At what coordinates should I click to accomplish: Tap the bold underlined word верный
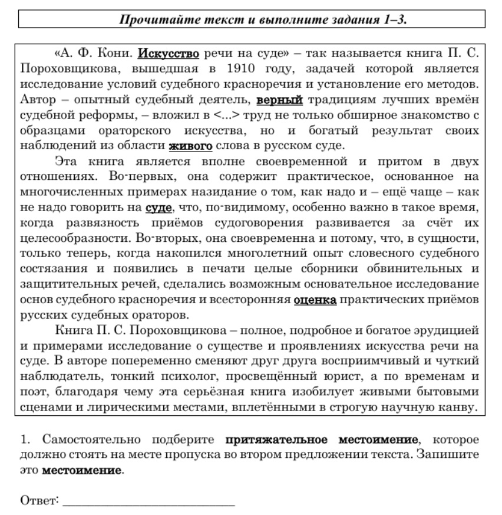click(x=280, y=99)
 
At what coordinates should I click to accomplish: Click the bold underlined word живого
click(x=190, y=145)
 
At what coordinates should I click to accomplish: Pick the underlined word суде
click(x=159, y=207)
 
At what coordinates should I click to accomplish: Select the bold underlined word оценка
click(x=315, y=300)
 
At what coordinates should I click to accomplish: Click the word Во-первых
click(x=134, y=176)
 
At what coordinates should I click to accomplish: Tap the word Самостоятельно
click(x=91, y=440)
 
